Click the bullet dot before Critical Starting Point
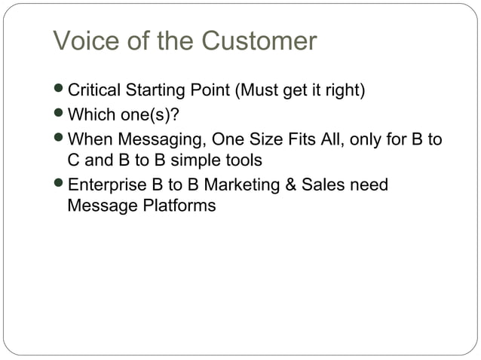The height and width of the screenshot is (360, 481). (x=60, y=92)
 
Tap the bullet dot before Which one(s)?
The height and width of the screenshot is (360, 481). (x=60, y=116)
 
